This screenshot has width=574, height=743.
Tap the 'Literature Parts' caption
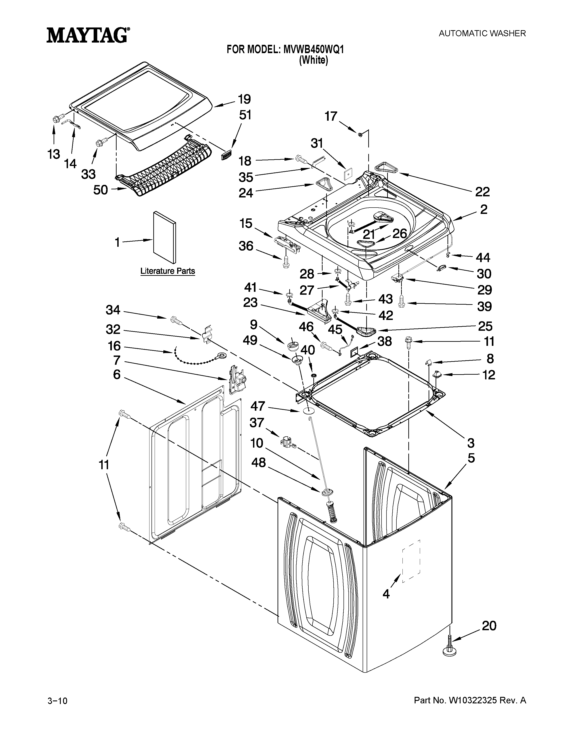coord(168,271)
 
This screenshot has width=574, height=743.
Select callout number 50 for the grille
coord(100,190)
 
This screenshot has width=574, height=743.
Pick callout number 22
coord(482,192)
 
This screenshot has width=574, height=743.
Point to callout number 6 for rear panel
coord(117,375)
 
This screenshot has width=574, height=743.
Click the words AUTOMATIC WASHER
coord(482,33)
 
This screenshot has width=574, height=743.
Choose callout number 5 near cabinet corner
coord(471,458)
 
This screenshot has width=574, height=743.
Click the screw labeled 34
coord(174,319)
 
